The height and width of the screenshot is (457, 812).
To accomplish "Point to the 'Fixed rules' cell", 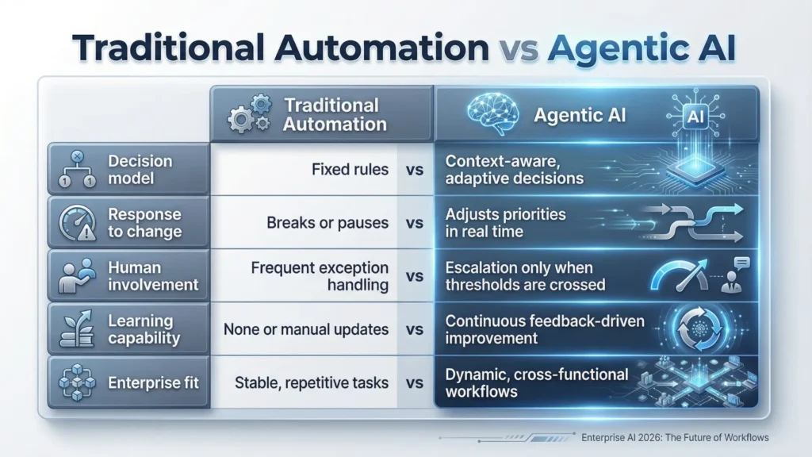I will [348, 169].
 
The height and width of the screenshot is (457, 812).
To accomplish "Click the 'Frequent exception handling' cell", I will [320, 275].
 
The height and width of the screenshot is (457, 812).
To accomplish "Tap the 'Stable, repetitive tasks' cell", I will [312, 382].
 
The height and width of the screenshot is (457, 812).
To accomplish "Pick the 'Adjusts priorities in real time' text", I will [505, 223].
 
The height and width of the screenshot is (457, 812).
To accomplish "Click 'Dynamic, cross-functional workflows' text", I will [537, 382].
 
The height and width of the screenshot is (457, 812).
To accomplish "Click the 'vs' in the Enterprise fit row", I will [413, 383].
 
